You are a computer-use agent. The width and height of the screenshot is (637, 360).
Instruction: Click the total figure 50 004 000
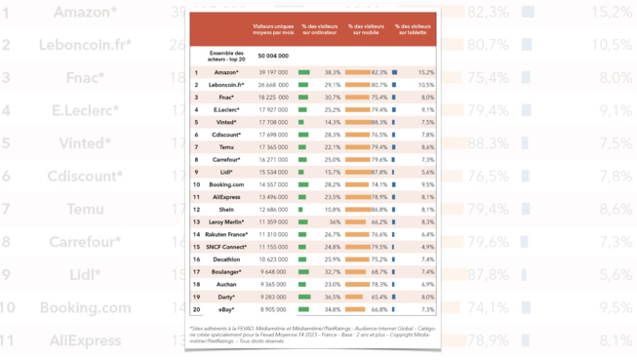pos(273,57)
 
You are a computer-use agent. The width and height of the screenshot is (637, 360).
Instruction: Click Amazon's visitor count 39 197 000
pos(273,72)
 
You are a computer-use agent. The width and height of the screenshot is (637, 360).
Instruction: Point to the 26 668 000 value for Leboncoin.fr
pos(273,85)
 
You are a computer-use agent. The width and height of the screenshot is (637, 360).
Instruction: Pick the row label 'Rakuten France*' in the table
pos(226,235)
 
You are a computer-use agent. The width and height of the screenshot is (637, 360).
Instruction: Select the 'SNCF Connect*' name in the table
pos(226,247)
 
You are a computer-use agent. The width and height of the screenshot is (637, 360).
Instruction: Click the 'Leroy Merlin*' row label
pos(226,222)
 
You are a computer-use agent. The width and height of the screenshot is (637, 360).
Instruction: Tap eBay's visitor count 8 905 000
pos(273,309)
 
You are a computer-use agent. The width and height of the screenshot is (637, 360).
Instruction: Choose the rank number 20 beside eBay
pos(196,309)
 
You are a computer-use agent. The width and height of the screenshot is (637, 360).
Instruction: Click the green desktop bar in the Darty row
pos(305,298)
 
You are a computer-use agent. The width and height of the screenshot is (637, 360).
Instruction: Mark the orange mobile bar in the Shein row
pos(357,210)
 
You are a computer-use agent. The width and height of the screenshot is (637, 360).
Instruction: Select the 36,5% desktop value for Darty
pos(333,298)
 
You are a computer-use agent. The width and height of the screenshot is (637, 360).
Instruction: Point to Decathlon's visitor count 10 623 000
pos(273,260)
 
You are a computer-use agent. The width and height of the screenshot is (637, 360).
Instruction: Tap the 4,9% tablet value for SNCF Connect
pos(427,247)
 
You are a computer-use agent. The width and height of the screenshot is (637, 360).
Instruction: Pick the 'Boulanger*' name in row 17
pos(226,272)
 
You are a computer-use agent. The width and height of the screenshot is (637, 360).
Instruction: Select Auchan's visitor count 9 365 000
pos(273,285)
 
